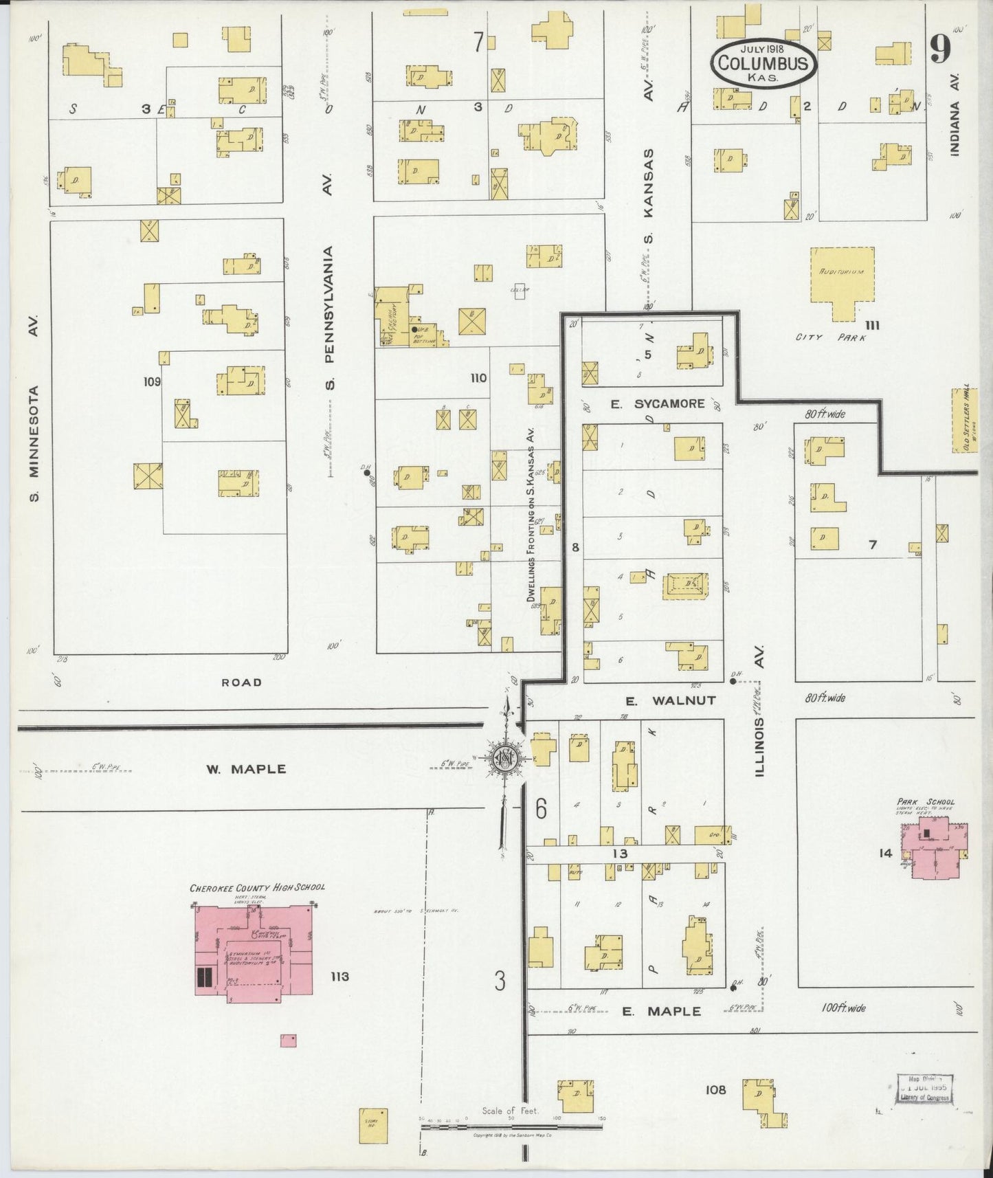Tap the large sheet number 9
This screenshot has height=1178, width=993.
(939, 49)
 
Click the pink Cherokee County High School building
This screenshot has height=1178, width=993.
(254, 949)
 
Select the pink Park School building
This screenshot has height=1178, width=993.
(937, 846)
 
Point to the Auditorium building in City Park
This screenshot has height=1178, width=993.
(843, 282)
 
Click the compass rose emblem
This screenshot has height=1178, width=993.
(505, 759)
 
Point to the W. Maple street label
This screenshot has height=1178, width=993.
(245, 769)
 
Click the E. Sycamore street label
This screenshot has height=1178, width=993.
(658, 403)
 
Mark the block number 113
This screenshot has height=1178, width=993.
(339, 977)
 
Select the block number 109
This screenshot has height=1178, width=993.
(152, 381)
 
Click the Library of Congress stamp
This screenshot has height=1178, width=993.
(924, 1089)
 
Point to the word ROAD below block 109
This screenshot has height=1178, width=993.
(241, 682)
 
